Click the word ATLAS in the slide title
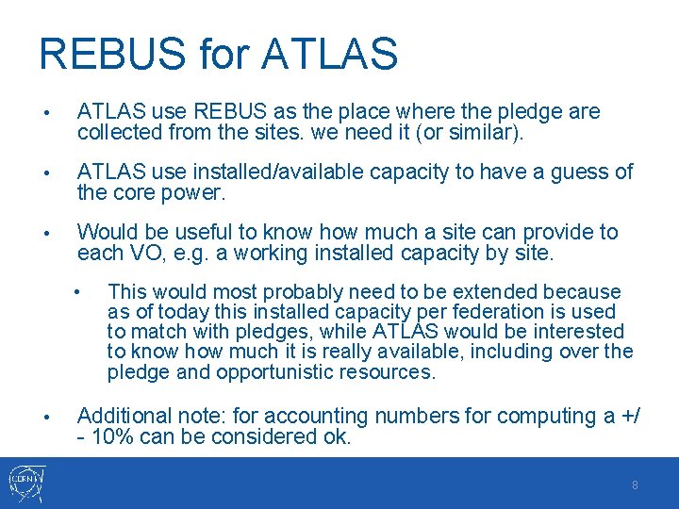click(x=329, y=54)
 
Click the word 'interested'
click(x=581, y=332)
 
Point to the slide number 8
click(x=635, y=484)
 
